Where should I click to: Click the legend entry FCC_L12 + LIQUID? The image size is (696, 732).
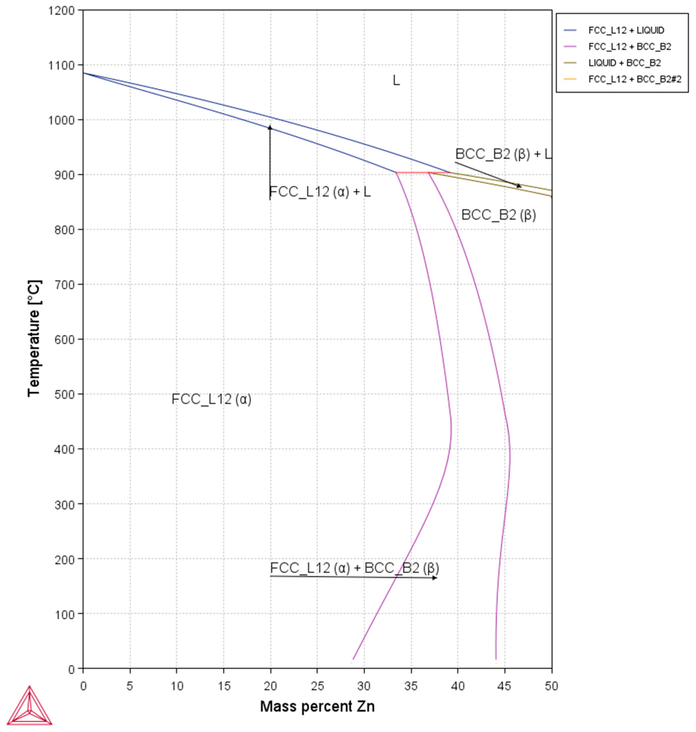626,30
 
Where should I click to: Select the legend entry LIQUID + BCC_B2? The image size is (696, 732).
624,63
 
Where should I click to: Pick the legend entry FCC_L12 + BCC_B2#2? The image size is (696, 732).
635,79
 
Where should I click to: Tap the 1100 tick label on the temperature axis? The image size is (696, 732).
61,66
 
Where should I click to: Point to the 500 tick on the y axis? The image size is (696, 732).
64,395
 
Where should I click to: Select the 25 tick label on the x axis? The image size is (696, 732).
317,686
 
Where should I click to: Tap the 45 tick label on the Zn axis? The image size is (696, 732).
504,686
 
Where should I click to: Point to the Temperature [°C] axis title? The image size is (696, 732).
34,338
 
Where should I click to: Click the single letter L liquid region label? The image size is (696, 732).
396,80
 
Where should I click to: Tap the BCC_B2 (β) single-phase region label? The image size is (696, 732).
498,215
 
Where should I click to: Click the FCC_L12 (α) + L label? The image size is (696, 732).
320,192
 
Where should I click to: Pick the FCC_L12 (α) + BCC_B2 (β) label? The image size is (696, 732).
354,568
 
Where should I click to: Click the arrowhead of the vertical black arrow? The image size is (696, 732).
270,128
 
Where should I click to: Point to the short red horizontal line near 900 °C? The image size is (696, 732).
412,173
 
